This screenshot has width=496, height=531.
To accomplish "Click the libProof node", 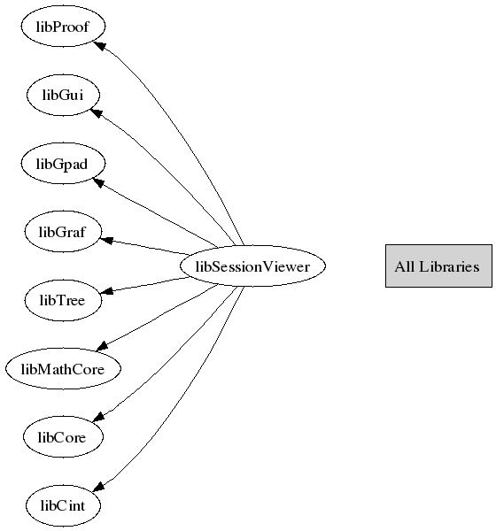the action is click(x=63, y=26).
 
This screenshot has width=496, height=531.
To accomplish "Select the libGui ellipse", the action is click(x=63, y=95).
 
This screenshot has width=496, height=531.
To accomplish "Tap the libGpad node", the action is click(x=63, y=163).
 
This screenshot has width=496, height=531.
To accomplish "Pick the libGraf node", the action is click(x=63, y=232).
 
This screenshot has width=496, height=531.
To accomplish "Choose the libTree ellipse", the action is click(x=63, y=300).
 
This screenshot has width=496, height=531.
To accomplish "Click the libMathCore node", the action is click(x=63, y=368).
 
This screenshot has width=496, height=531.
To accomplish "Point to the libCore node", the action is click(x=63, y=437).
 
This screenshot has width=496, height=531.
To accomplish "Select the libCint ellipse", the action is click(x=63, y=505).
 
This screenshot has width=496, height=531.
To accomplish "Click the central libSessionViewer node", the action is click(x=252, y=265).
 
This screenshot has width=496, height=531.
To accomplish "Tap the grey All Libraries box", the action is click(x=438, y=265).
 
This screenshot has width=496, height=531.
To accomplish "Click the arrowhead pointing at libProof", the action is click(x=99, y=45).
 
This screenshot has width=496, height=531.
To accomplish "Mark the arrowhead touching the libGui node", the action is click(x=97, y=113).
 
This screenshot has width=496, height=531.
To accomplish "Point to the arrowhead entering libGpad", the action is click(x=98, y=182).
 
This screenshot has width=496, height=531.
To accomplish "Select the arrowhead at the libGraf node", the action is click(x=106, y=240).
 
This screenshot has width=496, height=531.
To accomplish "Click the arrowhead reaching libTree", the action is click(x=107, y=290).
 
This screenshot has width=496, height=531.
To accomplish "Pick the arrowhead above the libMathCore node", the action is click(x=102, y=346).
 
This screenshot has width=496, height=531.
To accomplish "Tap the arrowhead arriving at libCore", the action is click(x=98, y=417).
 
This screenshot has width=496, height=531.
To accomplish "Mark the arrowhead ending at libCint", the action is click(x=98, y=486).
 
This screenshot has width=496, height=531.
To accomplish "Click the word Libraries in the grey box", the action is click(x=449, y=266).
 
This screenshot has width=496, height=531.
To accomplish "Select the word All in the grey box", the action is click(x=405, y=266).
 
